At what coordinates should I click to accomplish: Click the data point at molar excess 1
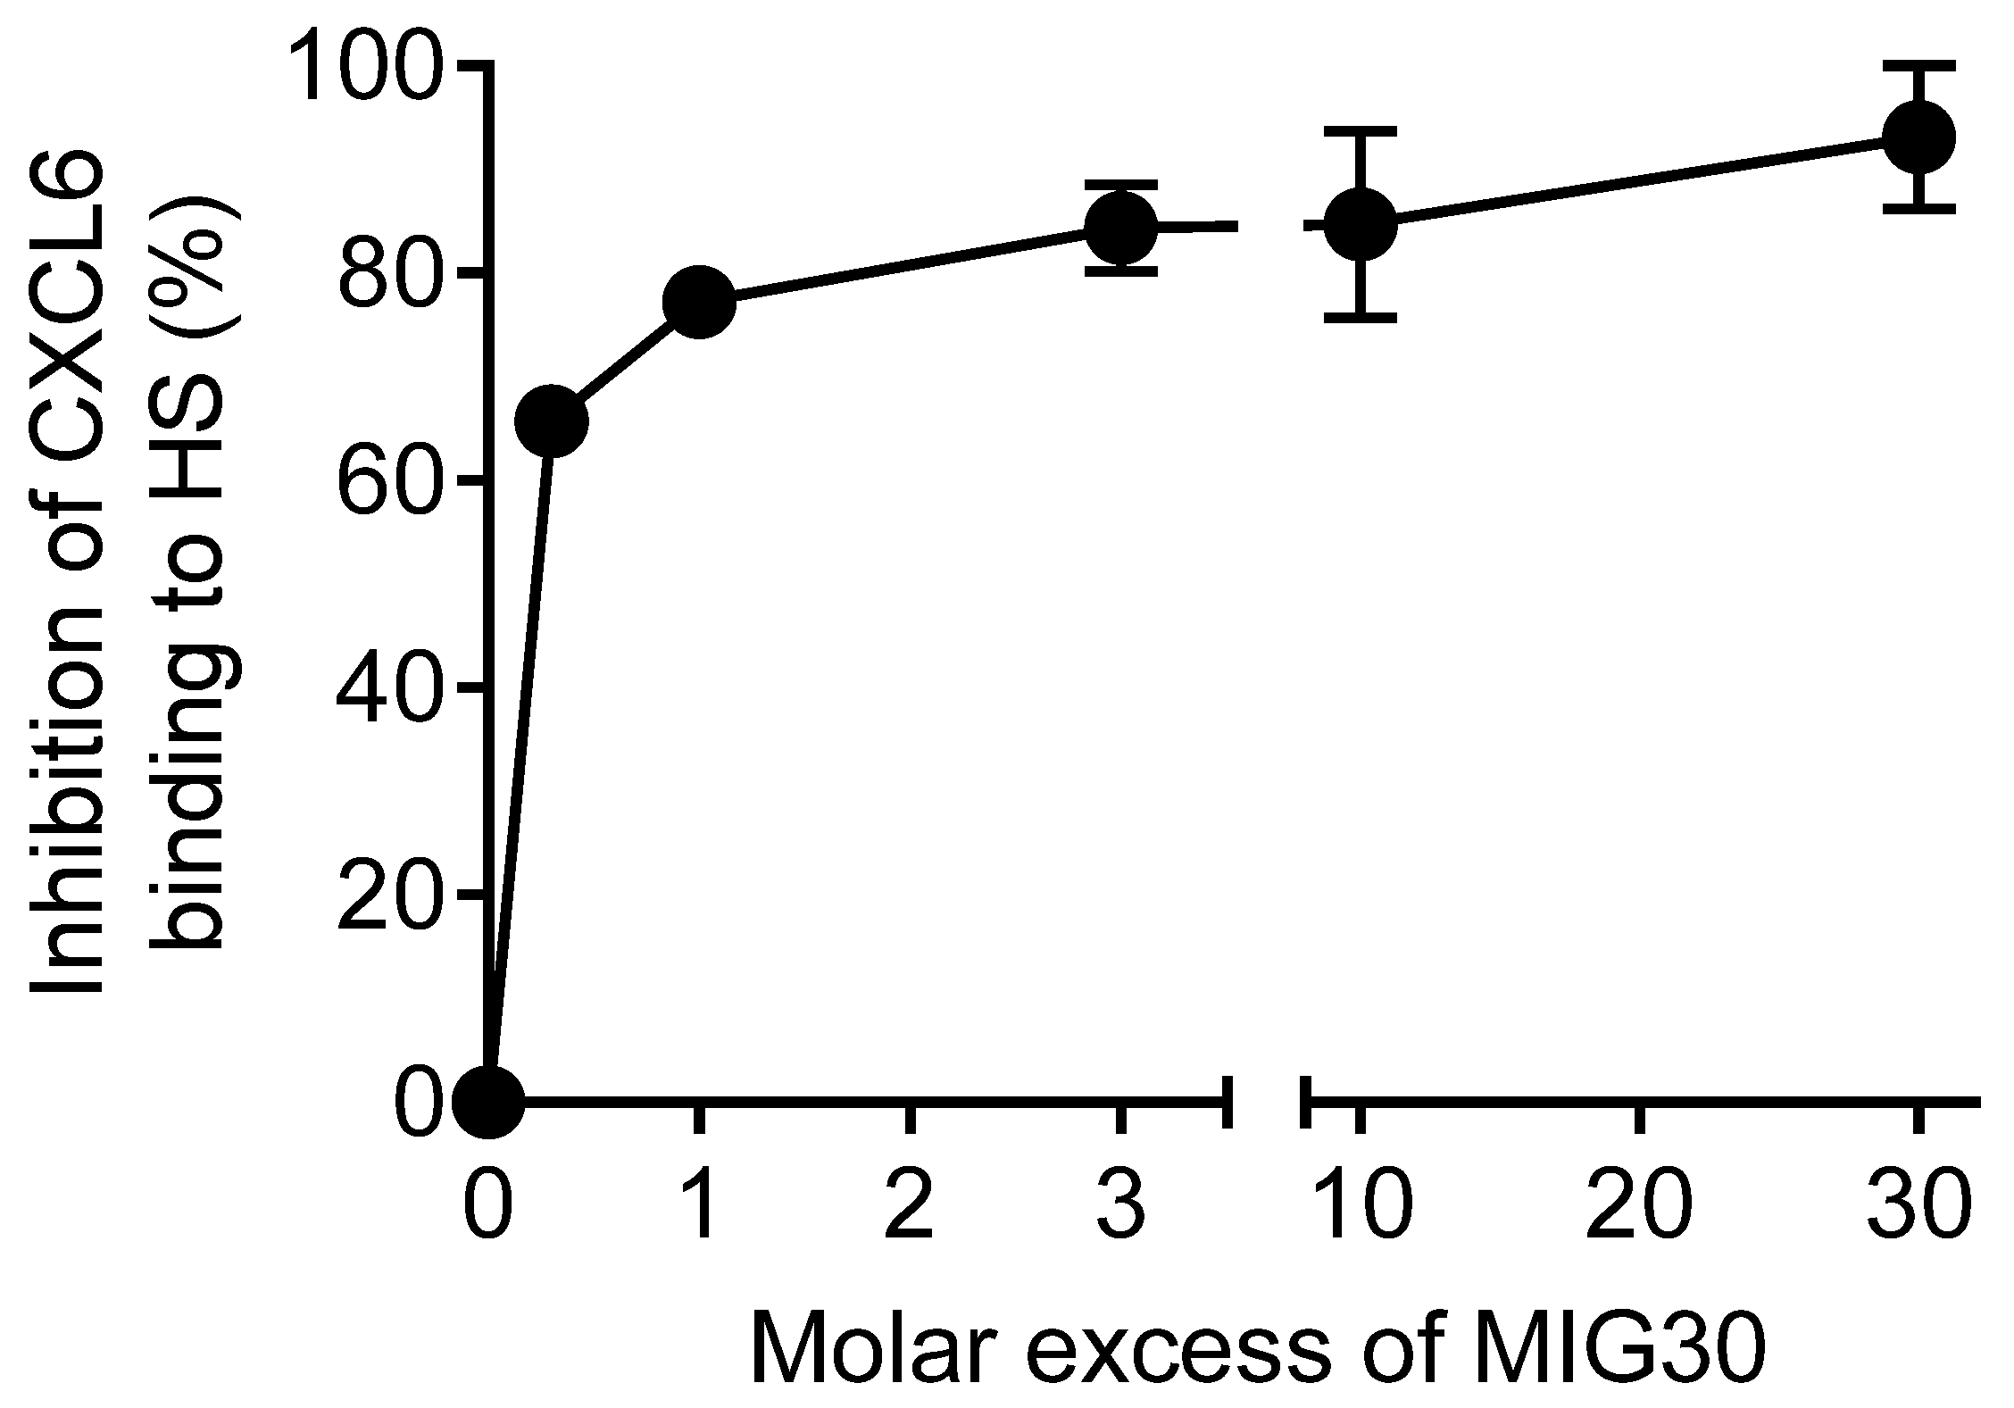[x=700, y=302]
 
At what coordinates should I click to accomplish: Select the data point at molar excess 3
[x=1120, y=227]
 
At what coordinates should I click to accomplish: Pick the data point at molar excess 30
[x=1918, y=137]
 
